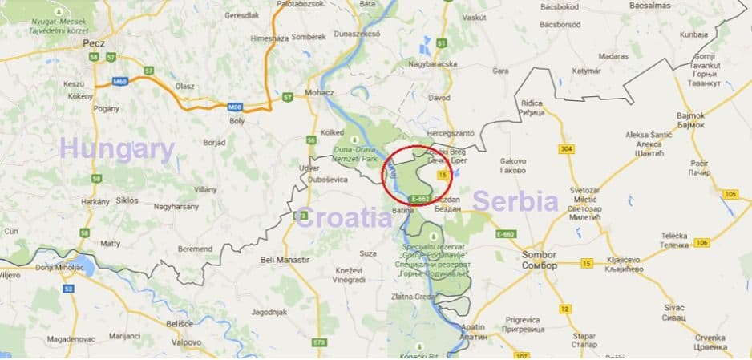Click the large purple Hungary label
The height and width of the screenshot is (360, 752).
(x=117, y=149)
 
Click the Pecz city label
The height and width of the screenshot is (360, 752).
(x=94, y=44)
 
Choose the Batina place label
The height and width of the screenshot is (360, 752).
(x=402, y=210)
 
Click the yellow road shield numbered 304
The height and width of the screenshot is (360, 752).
(x=567, y=149)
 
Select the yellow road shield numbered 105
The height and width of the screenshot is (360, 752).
(x=729, y=194)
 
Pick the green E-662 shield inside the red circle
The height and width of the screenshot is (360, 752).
(x=419, y=198)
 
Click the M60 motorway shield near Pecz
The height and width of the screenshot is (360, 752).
(x=120, y=81)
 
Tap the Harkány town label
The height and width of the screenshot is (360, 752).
(x=95, y=201)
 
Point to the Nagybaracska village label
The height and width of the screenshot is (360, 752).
(x=432, y=64)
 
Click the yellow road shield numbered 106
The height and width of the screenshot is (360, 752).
(x=701, y=242)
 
